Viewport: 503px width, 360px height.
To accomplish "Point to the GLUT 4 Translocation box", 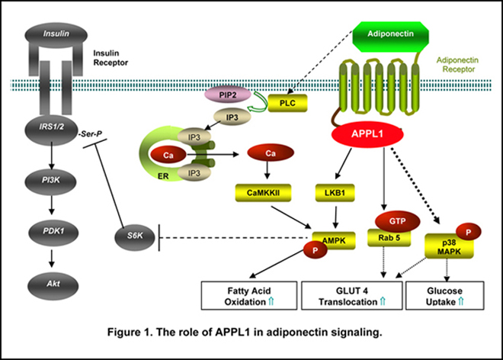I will click(351, 295).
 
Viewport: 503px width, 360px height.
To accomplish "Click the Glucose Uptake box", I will click(445, 295).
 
